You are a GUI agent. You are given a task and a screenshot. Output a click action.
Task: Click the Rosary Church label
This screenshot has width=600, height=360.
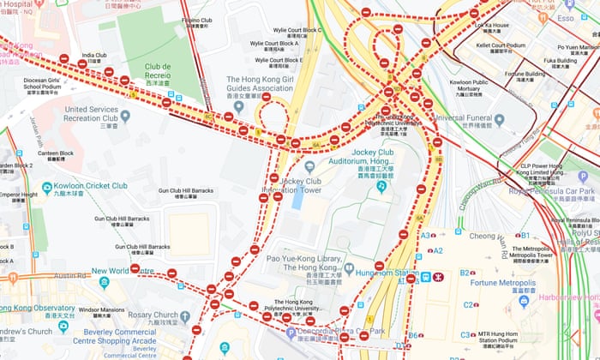coord(171,312)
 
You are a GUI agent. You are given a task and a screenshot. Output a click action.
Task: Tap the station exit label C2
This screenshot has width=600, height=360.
coord(468,304)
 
